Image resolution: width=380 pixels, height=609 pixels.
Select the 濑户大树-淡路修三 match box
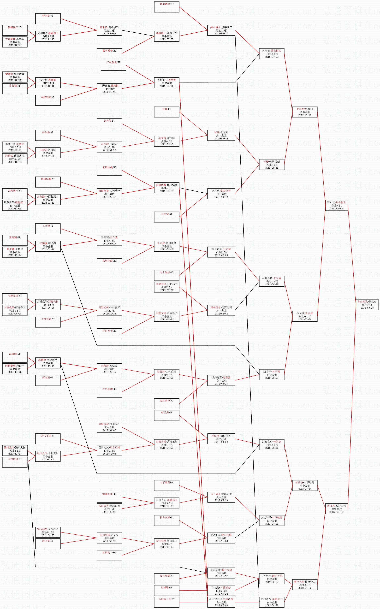pyautogui.click(x=305, y=585)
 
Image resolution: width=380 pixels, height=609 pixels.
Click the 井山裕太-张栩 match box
pyautogui.click(x=305, y=112)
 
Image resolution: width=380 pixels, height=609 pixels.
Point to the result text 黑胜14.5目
pyautogui.click(x=48, y=532)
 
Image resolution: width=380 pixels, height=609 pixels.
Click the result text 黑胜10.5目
pyautogui.click(x=15, y=159)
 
